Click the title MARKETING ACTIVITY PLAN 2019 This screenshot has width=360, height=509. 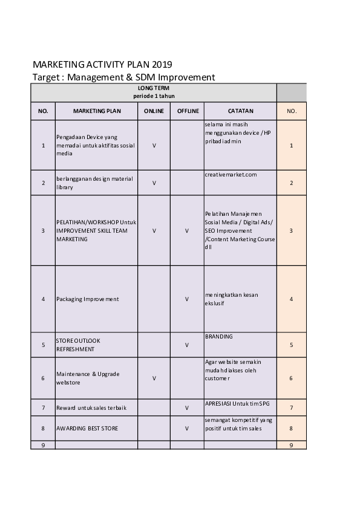pos(102,65)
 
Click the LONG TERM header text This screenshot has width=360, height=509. pos(154,88)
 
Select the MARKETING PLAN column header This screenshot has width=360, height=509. pos(97,111)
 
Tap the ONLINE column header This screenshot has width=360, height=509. pos(154,111)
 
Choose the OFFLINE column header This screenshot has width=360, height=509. pos(188,111)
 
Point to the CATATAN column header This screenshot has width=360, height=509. pos(240,111)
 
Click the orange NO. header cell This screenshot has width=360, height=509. pos(292,111)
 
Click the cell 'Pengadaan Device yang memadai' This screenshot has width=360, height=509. pos(96,145)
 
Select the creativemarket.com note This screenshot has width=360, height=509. pos(231,175)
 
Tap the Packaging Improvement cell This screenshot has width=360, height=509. pos(88,299)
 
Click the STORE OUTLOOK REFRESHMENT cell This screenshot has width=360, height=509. pos(79,345)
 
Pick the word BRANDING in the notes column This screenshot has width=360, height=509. pos(219,336)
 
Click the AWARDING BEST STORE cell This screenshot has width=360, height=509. pos(87,429)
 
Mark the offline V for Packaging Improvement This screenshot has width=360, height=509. pos(187,299)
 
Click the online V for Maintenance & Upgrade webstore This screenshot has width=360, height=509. pos(154,378)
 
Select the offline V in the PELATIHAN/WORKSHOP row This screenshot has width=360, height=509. pos(187,230)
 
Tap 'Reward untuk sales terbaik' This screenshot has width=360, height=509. pos(91,408)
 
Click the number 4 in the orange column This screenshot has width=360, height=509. pos(292,299)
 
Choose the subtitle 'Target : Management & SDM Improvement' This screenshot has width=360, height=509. pos(123,77)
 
